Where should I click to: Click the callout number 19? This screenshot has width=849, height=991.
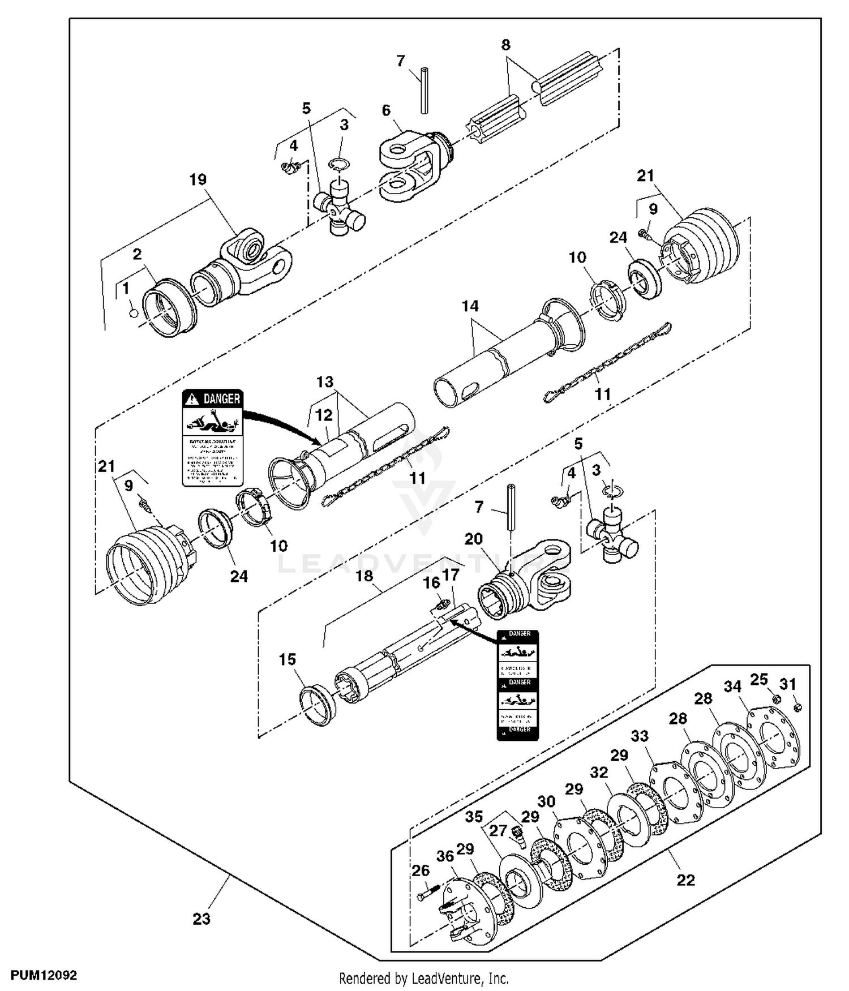(198, 180)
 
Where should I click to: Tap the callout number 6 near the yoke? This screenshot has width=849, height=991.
(386, 110)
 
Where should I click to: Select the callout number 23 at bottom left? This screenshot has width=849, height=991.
(201, 919)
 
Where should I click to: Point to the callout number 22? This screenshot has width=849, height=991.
(685, 880)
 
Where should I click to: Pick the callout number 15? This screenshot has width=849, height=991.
(288, 659)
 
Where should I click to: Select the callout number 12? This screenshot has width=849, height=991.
(324, 415)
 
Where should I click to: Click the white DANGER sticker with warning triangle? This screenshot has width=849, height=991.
(212, 437)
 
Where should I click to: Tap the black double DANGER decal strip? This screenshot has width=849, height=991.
(518, 685)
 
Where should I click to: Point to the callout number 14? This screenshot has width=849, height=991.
(470, 306)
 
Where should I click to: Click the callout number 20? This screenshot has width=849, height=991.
(473, 539)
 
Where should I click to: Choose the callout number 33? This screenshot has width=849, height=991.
(640, 736)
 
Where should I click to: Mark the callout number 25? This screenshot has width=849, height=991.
(759, 679)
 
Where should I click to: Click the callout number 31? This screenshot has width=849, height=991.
(788, 684)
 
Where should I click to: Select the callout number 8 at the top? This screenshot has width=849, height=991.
(505, 45)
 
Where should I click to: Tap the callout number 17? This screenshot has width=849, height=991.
(451, 575)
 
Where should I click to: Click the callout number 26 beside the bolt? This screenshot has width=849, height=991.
(421, 870)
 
